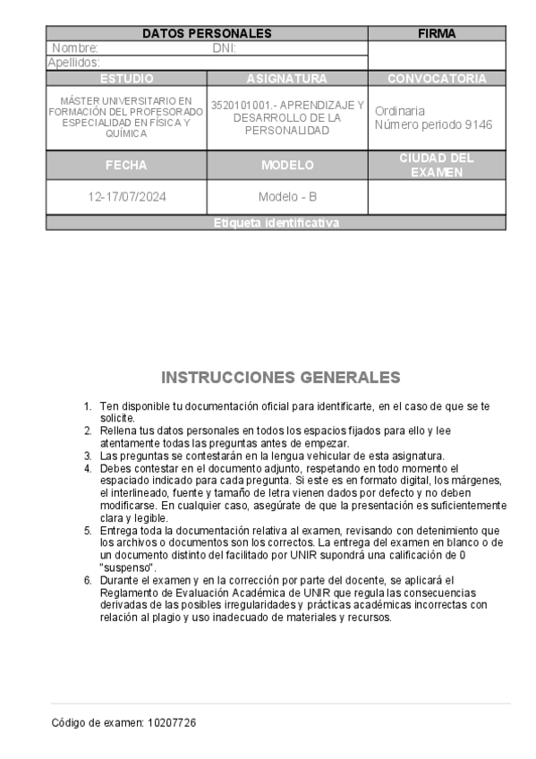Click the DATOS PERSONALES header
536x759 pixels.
pyautogui.click(x=207, y=34)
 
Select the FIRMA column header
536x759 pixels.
pyautogui.click(x=437, y=34)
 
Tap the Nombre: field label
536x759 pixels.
pyautogui.click(x=75, y=48)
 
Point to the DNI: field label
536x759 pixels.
pyautogui.click(x=224, y=48)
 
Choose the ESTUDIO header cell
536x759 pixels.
pyautogui.click(x=126, y=79)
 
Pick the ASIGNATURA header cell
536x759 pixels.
pyautogui.click(x=287, y=79)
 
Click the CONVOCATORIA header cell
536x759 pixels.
pyautogui.click(x=437, y=79)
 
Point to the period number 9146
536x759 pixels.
pyautogui.click(x=475, y=124)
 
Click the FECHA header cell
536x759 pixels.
pyautogui.click(x=126, y=166)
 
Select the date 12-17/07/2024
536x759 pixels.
pyautogui.click(x=126, y=198)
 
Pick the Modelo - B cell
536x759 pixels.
pyautogui.click(x=287, y=198)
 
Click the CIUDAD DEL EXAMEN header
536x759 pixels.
pyautogui.click(x=437, y=165)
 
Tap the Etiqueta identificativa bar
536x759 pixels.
pyautogui.click(x=277, y=223)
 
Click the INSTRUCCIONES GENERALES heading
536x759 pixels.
pyautogui.click(x=280, y=377)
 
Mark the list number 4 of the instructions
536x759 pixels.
pyautogui.click(x=88, y=468)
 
